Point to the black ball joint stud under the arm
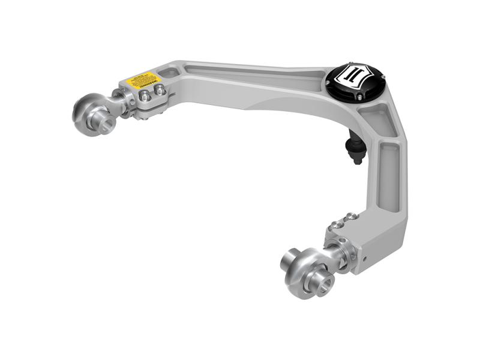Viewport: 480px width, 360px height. [x=356, y=151]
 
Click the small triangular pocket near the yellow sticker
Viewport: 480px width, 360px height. [x=169, y=73]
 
